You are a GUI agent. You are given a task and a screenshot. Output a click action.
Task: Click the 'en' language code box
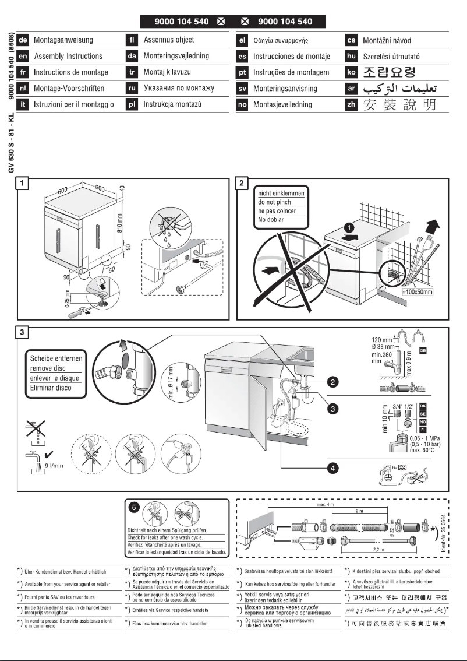coord(23,57)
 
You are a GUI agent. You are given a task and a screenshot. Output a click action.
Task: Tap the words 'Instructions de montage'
coord(70,72)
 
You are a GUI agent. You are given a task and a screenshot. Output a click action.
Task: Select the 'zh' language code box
coord(351,105)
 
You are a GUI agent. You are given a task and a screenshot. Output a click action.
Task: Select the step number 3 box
coord(22,333)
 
